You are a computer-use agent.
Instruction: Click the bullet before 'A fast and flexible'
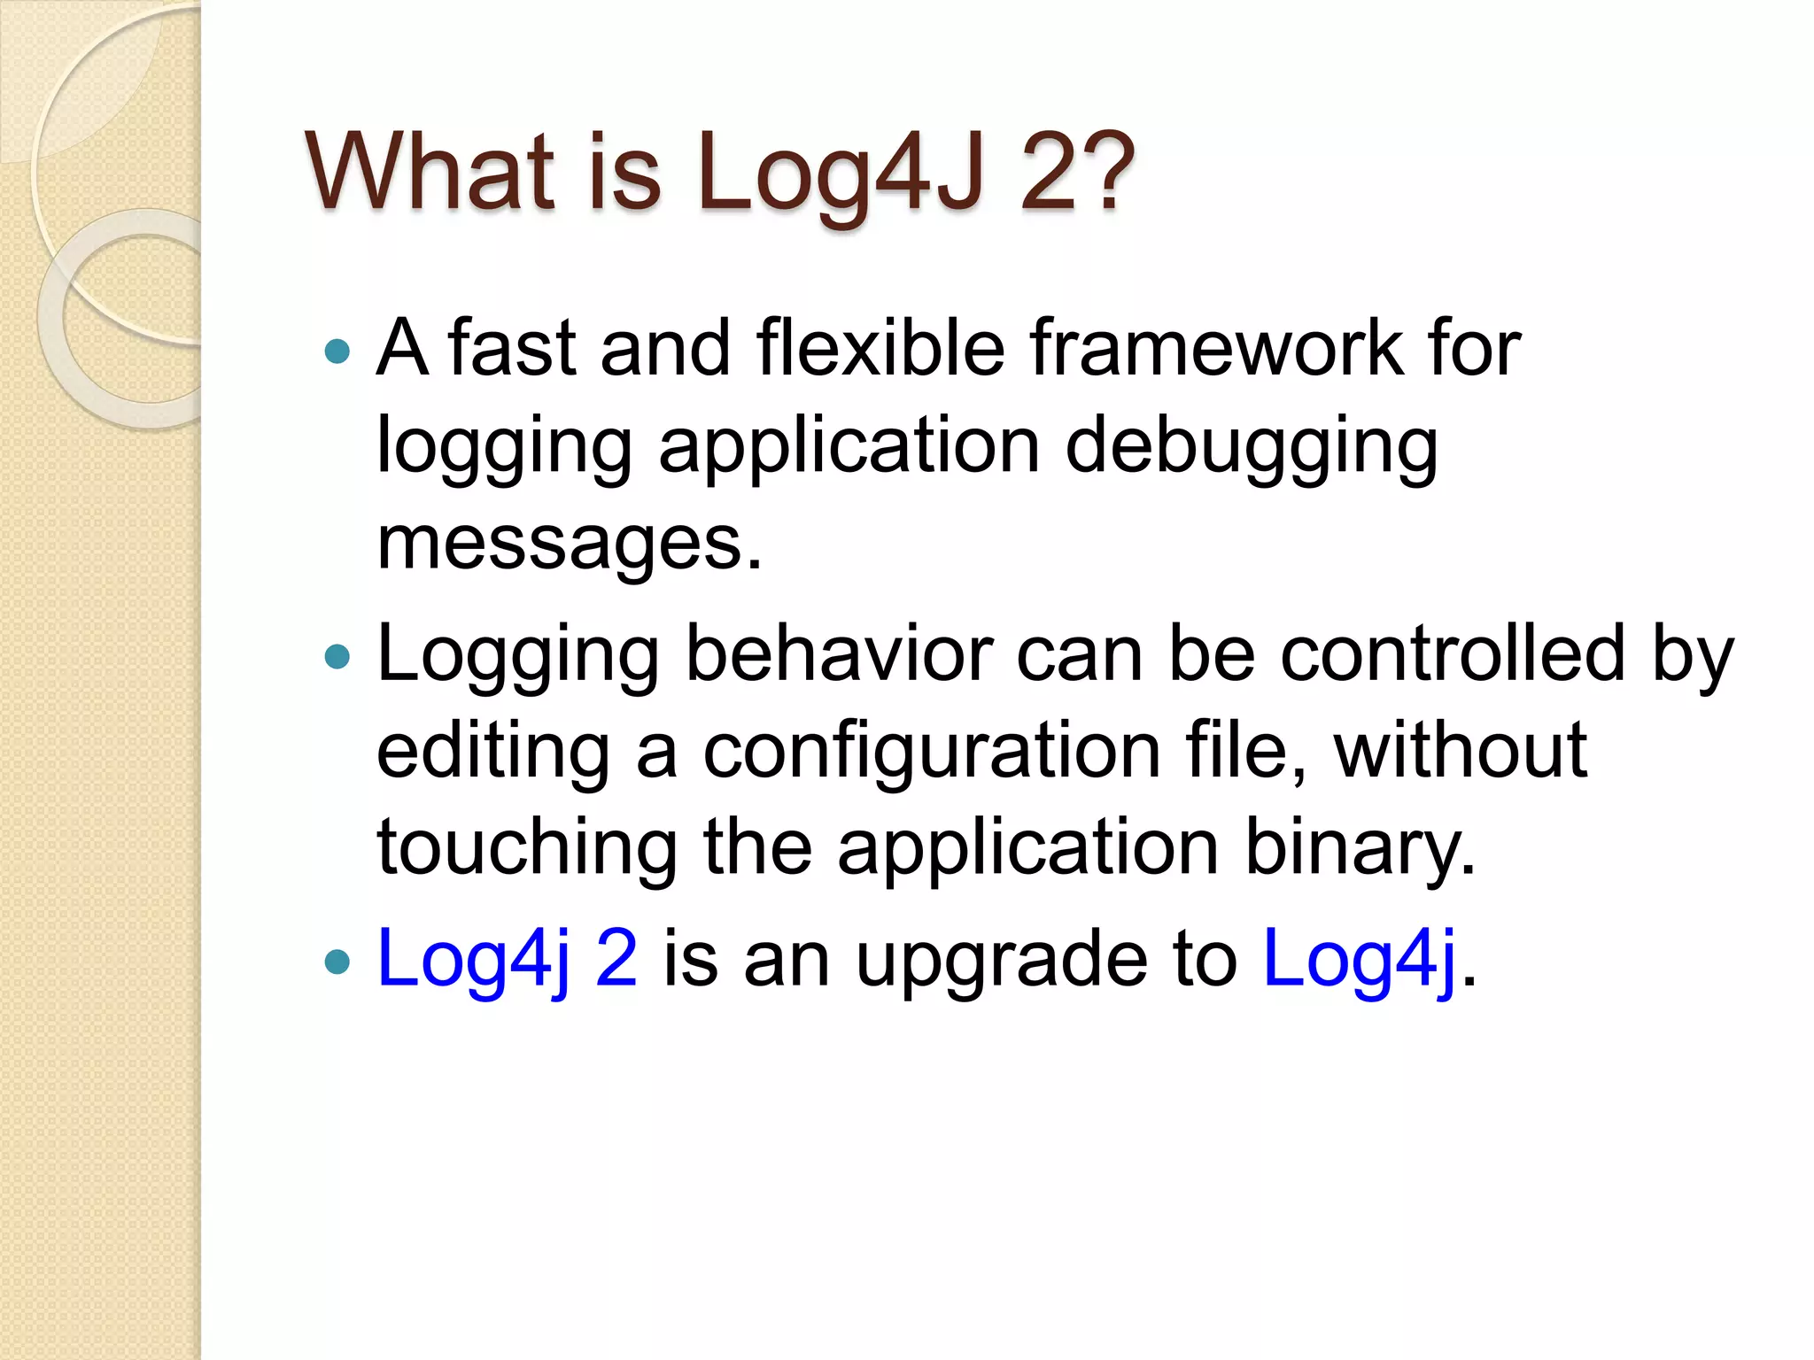(x=337, y=352)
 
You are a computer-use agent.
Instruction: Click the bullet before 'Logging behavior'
(x=337, y=657)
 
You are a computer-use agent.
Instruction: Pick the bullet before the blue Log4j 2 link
(x=337, y=962)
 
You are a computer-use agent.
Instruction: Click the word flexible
(x=880, y=348)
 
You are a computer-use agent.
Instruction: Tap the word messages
(x=568, y=543)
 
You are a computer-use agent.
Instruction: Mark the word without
(x=1461, y=751)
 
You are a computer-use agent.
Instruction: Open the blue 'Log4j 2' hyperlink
(x=507, y=960)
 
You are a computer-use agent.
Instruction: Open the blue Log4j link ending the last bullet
(x=1359, y=960)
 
